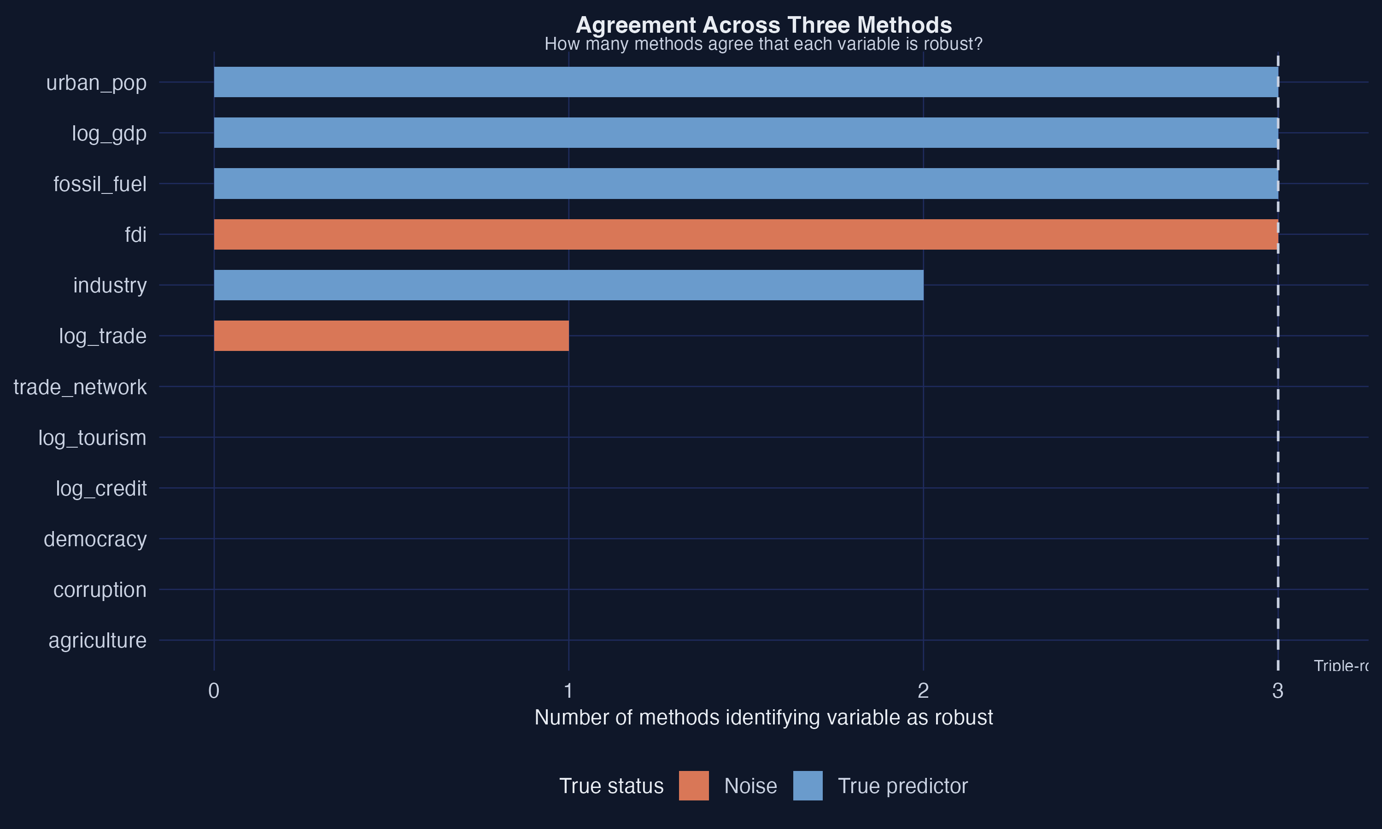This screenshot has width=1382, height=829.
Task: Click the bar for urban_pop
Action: pyautogui.click(x=746, y=82)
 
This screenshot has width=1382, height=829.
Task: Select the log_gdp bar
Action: pyautogui.click(x=746, y=133)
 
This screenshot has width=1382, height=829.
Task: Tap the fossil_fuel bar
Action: pyautogui.click(x=746, y=183)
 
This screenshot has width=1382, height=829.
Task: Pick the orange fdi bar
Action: pyautogui.click(x=746, y=234)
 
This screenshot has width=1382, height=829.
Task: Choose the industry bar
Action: pyautogui.click(x=568, y=285)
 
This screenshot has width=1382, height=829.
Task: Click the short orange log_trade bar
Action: pyautogui.click(x=391, y=336)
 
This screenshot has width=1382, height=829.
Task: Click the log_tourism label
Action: pyautogui.click(x=92, y=438)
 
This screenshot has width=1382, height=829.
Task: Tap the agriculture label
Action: pyautogui.click(x=97, y=641)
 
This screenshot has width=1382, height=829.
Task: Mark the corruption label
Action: pyautogui.click(x=100, y=590)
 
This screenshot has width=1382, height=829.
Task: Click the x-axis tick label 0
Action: pyautogui.click(x=213, y=691)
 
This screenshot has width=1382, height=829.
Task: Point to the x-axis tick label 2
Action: pyautogui.click(x=923, y=691)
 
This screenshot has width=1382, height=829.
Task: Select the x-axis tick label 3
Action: pyautogui.click(x=1277, y=691)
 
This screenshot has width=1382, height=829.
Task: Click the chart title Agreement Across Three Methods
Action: pyautogui.click(x=764, y=25)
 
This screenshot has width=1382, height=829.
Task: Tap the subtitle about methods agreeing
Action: pyautogui.click(x=764, y=44)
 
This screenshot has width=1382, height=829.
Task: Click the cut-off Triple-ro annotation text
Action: pyautogui.click(x=1341, y=666)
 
